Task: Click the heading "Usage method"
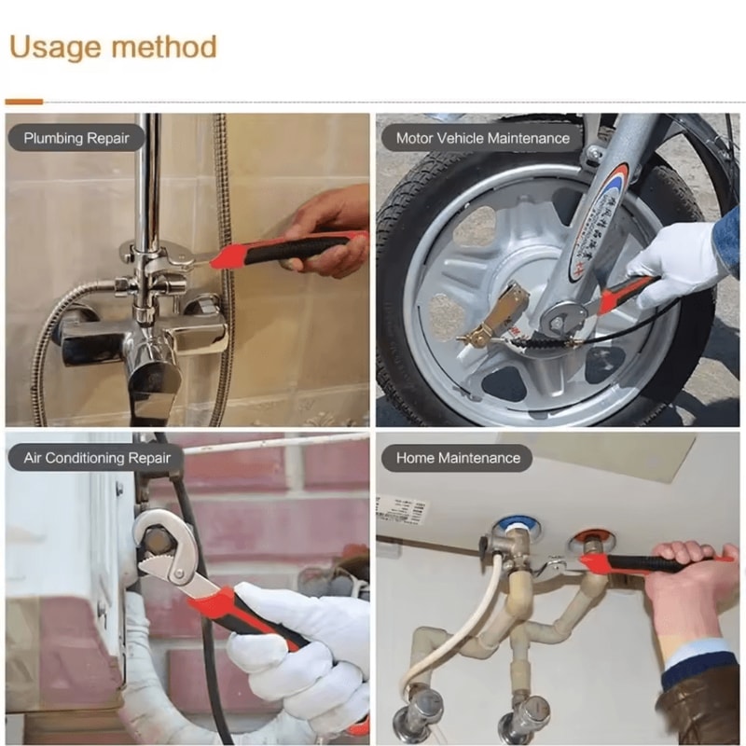113,47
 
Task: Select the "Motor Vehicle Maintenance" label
482,138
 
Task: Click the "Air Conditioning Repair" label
97,458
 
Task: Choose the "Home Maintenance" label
458,458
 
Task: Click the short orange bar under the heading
23,101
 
